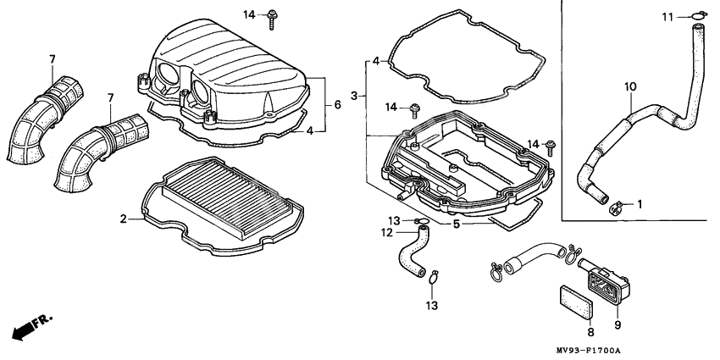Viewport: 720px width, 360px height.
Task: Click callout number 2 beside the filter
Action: pos(124,219)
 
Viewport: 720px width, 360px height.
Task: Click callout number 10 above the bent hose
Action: pos(629,86)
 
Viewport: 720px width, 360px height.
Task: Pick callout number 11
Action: pos(667,16)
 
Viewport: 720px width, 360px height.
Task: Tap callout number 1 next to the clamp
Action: pos(640,203)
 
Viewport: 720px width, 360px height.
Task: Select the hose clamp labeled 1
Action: pos(618,204)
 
